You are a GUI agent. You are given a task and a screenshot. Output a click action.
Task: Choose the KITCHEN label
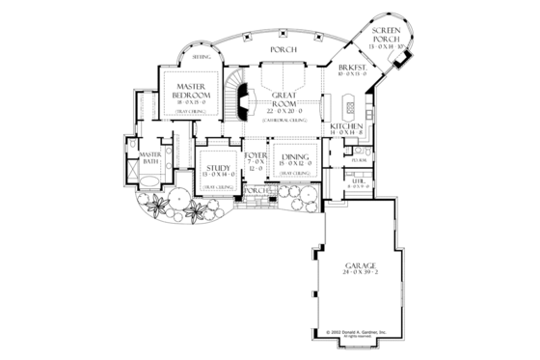click(345, 127)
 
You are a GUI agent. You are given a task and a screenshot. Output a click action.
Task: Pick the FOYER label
click(256, 154)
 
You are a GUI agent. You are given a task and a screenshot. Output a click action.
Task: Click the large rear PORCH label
click(283, 48)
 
